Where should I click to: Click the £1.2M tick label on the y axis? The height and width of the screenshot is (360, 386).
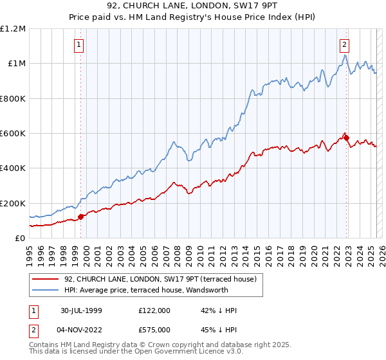tap(12, 28)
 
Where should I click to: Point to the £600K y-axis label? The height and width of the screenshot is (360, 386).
tap(12, 133)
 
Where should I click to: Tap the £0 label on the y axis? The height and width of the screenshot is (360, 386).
tap(20, 238)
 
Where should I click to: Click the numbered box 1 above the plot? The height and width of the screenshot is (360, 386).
tap(78, 45)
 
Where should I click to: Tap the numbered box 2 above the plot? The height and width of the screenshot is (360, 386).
tap(344, 45)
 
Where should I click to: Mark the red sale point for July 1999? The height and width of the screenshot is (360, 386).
tap(81, 217)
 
